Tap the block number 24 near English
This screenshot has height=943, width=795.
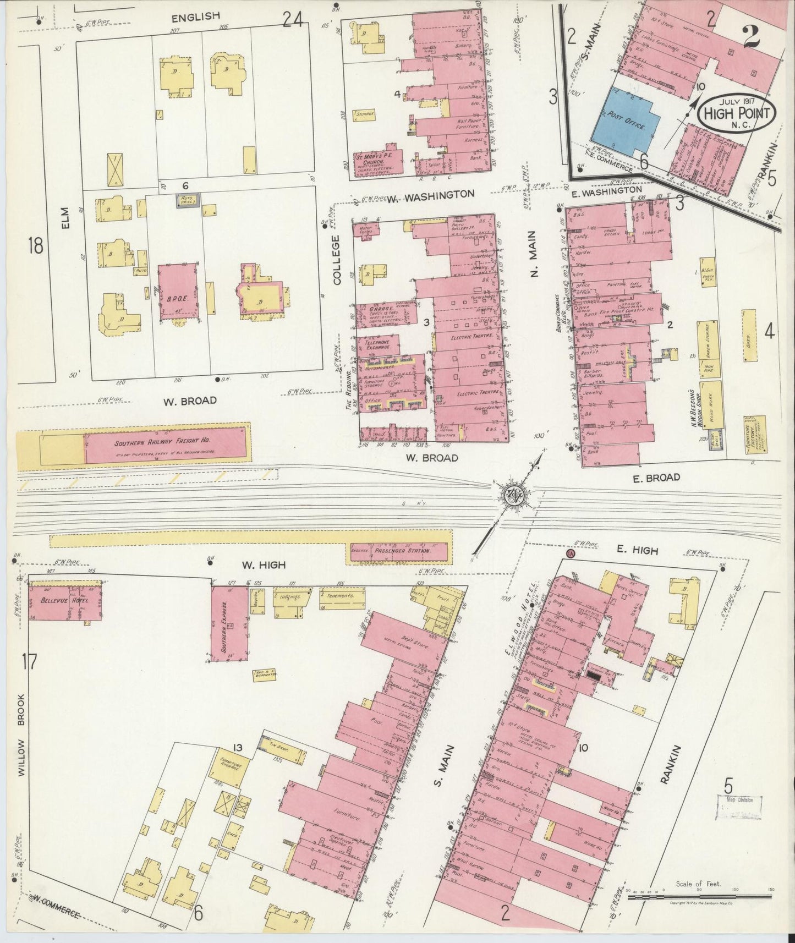coord(293,20)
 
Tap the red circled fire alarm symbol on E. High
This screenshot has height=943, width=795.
coord(570,553)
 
